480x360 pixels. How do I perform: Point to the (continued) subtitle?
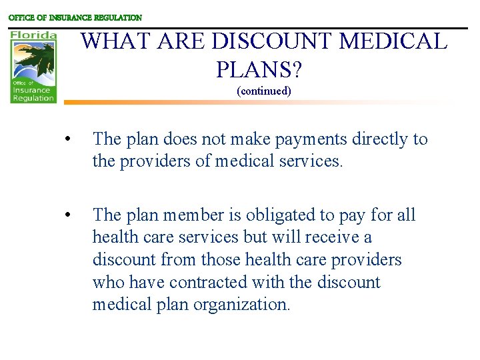coord(264,91)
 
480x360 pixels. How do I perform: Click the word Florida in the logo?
coord(33,34)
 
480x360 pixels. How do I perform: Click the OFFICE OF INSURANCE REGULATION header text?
coord(75,18)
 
